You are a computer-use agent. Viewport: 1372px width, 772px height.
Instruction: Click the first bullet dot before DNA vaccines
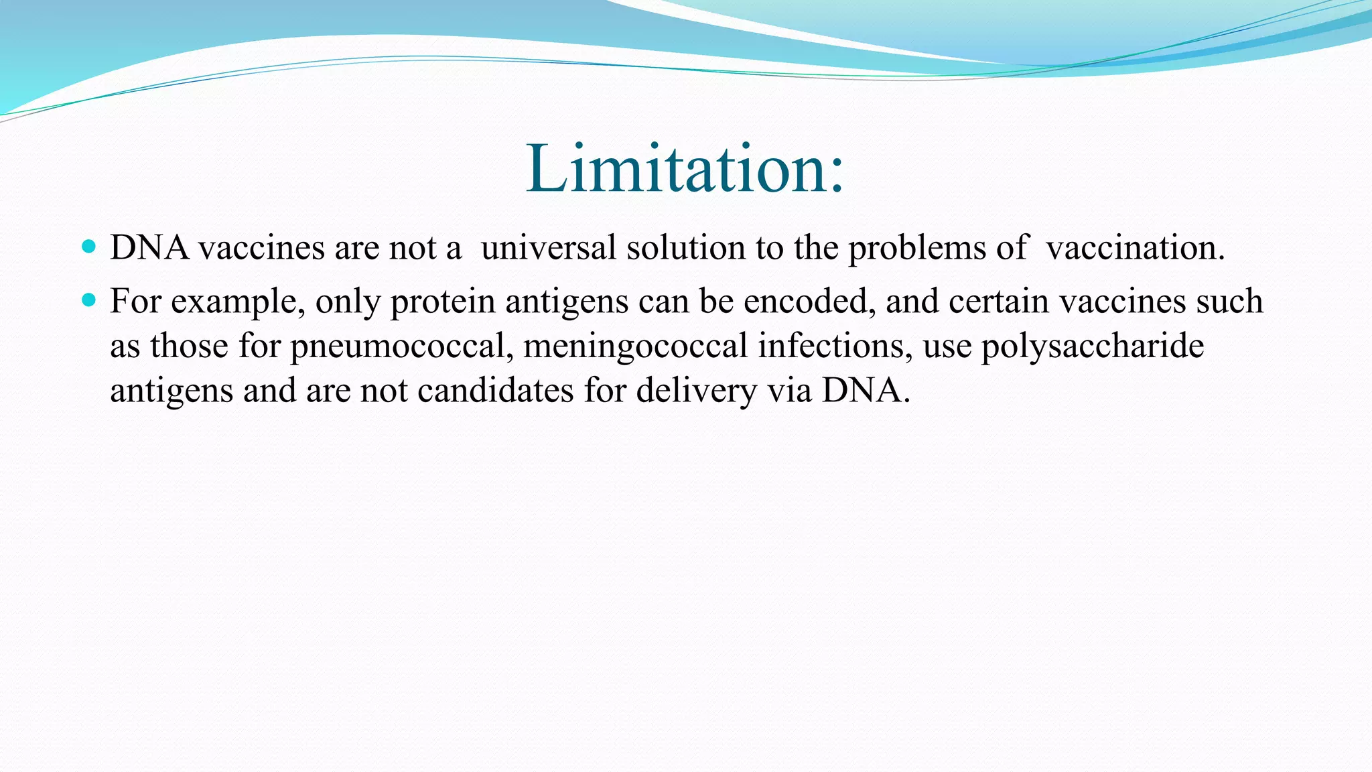coord(88,246)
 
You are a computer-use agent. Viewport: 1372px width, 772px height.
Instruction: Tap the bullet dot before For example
coord(88,299)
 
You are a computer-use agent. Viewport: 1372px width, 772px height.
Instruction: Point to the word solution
coord(685,248)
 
